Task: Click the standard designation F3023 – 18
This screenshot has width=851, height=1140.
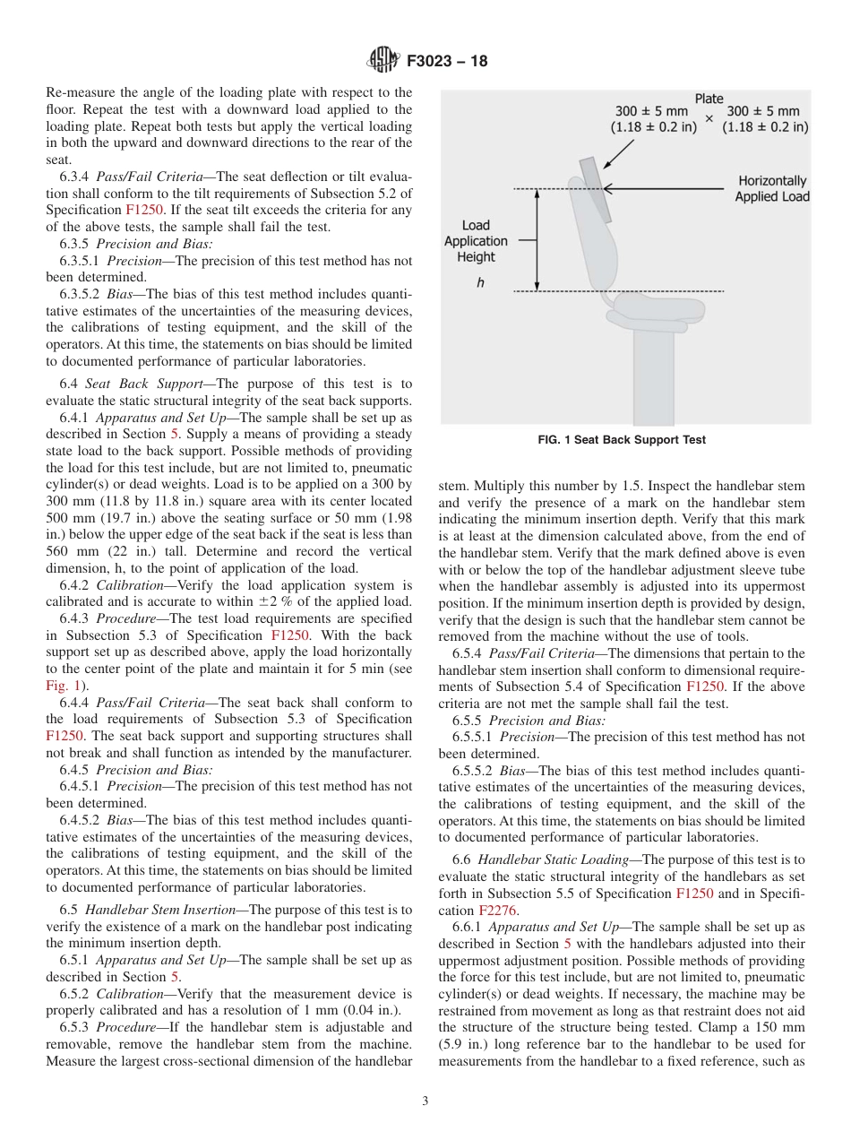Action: point(445,62)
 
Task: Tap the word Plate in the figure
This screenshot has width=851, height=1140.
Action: point(709,99)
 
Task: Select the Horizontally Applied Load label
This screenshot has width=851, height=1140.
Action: point(771,188)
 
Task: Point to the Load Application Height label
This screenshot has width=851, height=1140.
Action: point(476,241)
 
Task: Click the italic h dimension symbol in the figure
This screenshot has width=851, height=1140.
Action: point(480,281)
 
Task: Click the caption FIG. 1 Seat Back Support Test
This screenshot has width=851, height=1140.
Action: point(621,440)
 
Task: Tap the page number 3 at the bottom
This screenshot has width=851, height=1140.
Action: point(425,1101)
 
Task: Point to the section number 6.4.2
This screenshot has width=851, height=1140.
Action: point(76,584)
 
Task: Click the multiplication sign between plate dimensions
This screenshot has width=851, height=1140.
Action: point(709,118)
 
